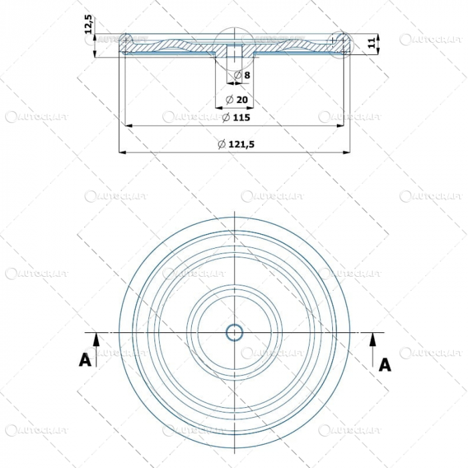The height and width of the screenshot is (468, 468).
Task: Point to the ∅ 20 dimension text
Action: pyautogui.click(x=237, y=100)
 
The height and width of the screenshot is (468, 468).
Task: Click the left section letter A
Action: pyautogui.click(x=85, y=360)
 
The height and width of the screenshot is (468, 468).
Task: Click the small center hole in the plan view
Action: pyautogui.click(x=235, y=332)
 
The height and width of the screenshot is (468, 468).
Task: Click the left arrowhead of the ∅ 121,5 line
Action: pyautogui.click(x=122, y=152)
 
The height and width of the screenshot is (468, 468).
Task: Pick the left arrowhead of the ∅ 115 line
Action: pyautogui.click(x=128, y=125)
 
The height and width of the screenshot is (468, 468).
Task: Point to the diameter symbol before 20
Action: pyautogui.click(x=229, y=100)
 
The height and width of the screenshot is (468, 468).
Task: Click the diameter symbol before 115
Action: pyautogui.click(x=226, y=118)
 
